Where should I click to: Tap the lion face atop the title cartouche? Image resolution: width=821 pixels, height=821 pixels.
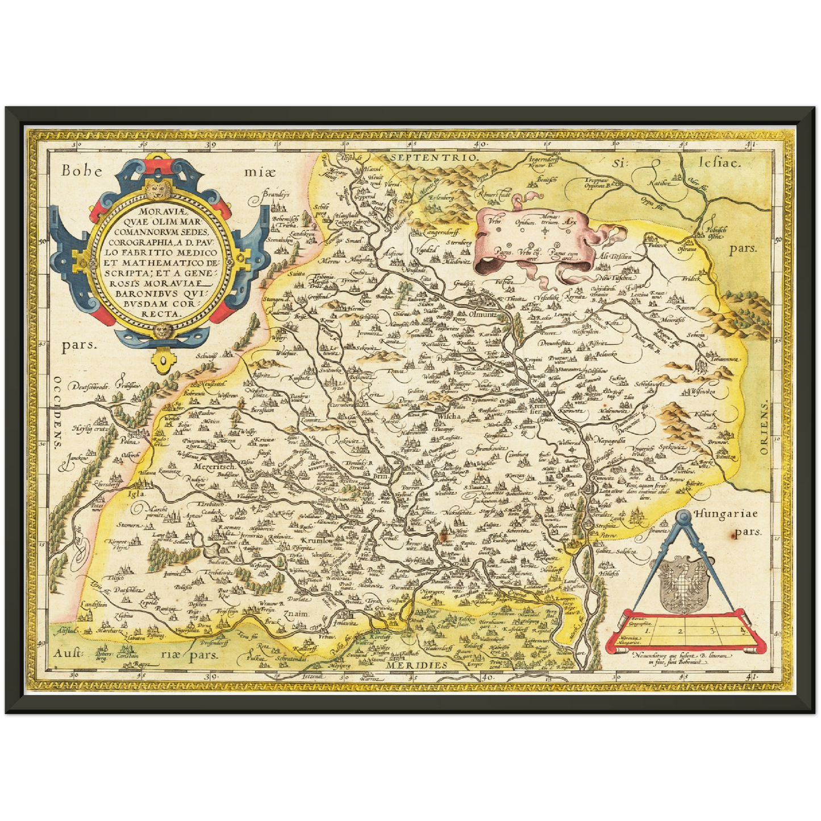153,187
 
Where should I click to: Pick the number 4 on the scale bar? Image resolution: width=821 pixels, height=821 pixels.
742,629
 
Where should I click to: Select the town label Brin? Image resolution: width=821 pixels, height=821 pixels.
381,478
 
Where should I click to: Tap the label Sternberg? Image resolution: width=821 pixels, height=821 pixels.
459,243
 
